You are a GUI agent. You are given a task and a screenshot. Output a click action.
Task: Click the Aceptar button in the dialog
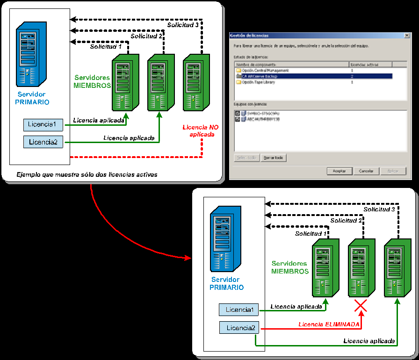(x=339, y=171)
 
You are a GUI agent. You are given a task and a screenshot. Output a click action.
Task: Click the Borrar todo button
(x=273, y=158)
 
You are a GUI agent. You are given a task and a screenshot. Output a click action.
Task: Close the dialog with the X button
(x=407, y=36)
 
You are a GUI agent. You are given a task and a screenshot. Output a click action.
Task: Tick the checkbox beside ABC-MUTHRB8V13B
(x=238, y=119)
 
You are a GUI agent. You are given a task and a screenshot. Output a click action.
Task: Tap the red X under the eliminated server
(x=360, y=306)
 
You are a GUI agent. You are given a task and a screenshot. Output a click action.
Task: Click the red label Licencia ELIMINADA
(x=329, y=324)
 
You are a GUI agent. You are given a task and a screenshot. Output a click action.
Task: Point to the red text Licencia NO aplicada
(x=200, y=131)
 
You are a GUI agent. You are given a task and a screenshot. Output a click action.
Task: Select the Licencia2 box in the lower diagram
(x=240, y=328)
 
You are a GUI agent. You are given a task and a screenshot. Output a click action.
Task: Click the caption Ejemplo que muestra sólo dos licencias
(x=87, y=174)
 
